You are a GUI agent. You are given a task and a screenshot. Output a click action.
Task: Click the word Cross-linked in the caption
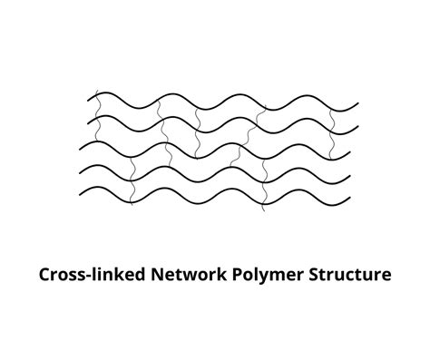pyautogui.click(x=84, y=273)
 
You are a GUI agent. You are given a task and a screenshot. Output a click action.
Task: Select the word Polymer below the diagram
pyautogui.click(x=263, y=274)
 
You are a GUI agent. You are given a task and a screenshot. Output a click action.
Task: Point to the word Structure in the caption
pyautogui.click(x=347, y=273)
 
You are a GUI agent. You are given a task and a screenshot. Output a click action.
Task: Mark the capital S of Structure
pyautogui.click(x=308, y=273)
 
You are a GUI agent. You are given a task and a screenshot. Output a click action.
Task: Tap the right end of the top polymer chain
pyautogui.click(x=358, y=105)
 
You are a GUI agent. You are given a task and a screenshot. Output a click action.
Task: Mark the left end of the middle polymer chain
pyautogui.click(x=81, y=145)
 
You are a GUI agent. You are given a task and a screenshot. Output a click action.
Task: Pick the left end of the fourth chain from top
pyautogui.click(x=83, y=169)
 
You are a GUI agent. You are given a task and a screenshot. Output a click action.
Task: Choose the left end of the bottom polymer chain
pyautogui.click(x=80, y=191)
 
